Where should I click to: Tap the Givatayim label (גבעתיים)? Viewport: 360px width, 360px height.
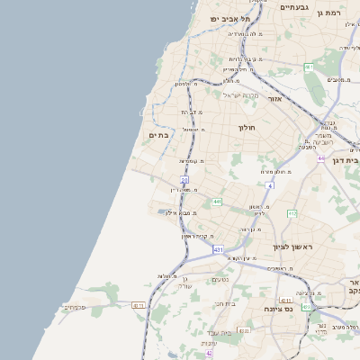click(x=294, y=7)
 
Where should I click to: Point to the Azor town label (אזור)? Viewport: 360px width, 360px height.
click(x=275, y=99)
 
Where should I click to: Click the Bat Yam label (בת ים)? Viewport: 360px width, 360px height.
click(x=158, y=135)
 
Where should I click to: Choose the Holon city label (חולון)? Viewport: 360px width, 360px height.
click(x=247, y=128)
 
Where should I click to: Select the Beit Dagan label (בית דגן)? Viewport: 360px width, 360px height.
click(x=346, y=160)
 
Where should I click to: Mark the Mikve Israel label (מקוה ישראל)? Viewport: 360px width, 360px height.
click(x=240, y=95)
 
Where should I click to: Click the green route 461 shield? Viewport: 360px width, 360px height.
click(x=309, y=67)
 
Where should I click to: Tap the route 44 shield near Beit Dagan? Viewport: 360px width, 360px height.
click(x=320, y=158)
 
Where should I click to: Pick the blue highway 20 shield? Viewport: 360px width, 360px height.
click(x=184, y=180)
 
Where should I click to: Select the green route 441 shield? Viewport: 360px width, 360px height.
click(x=217, y=202)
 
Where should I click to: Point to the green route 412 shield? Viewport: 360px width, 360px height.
click(x=292, y=213)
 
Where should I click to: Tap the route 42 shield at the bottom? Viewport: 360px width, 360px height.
click(x=210, y=354)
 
